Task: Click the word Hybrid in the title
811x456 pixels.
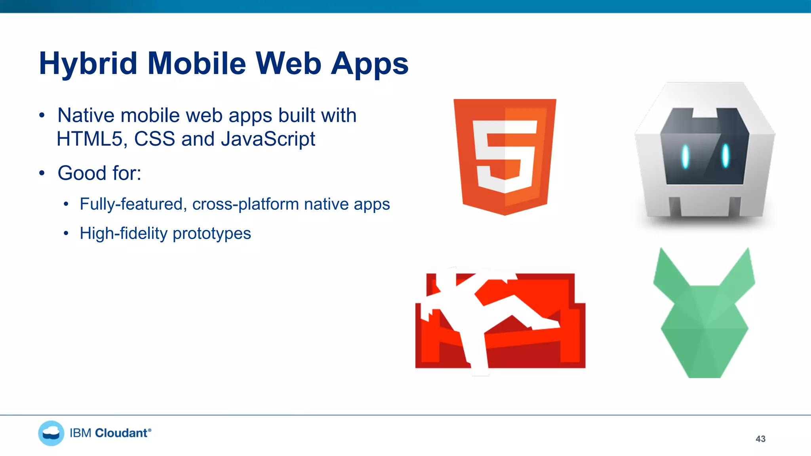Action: click(88, 64)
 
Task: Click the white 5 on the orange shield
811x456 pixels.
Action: click(504, 156)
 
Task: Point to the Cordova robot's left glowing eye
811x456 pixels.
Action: click(685, 156)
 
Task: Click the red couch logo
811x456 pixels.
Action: click(500, 321)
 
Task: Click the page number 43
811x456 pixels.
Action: click(760, 439)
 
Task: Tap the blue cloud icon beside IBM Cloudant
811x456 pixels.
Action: click(51, 433)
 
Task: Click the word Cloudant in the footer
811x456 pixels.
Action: click(122, 433)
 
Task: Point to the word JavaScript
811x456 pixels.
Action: click(268, 139)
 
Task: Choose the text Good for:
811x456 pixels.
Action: click(99, 173)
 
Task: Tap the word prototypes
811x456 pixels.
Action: click(212, 234)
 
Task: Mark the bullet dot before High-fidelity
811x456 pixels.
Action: click(66, 234)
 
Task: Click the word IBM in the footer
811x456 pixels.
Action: click(81, 433)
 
